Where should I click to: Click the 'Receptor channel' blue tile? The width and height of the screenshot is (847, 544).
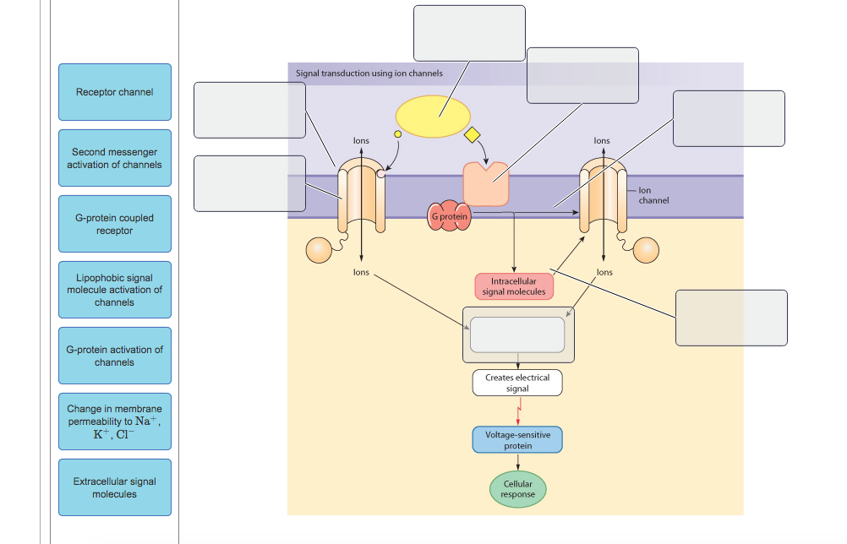115,92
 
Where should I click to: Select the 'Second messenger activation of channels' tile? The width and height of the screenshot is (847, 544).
115,158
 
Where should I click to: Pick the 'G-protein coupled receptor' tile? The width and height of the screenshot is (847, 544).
115,224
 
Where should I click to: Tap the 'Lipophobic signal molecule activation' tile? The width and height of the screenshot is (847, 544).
115,290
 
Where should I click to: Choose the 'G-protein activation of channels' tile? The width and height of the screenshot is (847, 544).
115,356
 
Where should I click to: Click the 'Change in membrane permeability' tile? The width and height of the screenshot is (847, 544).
115,422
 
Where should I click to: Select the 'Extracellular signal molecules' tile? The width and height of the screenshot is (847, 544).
115,487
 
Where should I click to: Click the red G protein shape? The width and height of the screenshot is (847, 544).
449,216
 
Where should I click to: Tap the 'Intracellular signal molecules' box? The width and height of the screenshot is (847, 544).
514,286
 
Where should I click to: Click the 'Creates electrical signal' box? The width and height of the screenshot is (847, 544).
517,383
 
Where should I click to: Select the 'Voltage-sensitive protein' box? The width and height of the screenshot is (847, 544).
517,439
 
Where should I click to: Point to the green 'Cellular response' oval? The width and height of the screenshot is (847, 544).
517,489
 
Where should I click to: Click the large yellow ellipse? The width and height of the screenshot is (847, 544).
434,117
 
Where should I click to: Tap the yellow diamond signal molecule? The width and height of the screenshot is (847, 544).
472,135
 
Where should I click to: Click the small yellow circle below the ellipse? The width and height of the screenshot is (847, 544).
397,133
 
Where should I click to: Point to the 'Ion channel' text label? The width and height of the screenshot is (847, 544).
653,195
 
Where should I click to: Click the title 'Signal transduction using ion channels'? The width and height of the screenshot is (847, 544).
369,73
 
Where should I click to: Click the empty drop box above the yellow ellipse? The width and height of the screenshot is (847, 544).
469,33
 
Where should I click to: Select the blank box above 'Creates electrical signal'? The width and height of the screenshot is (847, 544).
517,335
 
